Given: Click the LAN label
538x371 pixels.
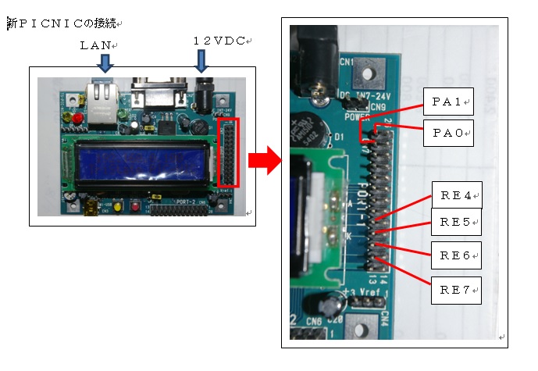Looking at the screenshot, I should (97, 45).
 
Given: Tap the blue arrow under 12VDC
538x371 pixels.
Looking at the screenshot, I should (203, 60).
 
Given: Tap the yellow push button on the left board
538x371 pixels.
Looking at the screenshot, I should (117, 207).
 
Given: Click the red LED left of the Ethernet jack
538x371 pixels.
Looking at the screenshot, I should (77, 118).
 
